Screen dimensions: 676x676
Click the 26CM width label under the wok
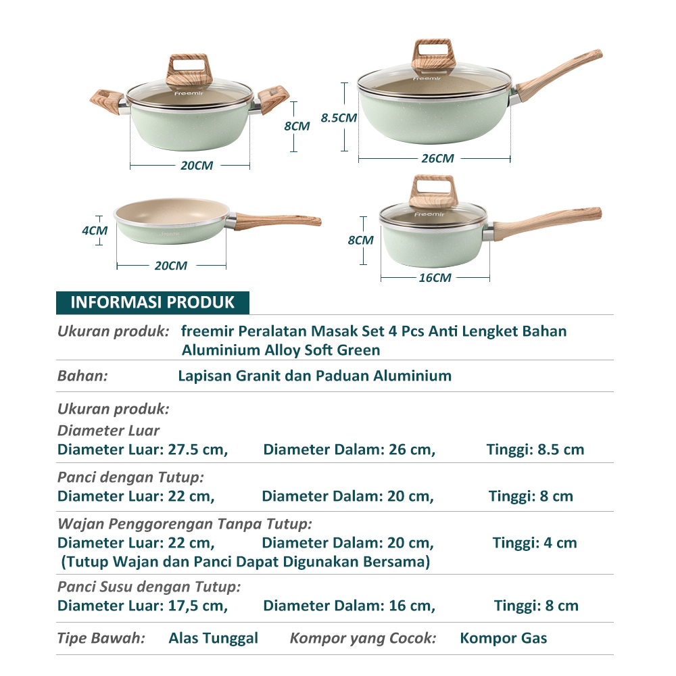[437, 159]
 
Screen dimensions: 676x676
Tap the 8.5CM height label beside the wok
[339, 118]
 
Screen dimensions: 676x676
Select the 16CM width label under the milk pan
[435, 278]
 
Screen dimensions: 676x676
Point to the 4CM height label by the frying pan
[95, 231]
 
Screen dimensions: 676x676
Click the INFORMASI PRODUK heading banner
[153, 303]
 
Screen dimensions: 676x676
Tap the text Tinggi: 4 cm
[535, 543]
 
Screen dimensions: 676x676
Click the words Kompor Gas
[504, 638]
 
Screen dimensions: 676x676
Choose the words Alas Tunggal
[214, 639]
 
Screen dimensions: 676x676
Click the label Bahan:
[82, 376]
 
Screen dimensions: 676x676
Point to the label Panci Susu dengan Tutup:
[149, 587]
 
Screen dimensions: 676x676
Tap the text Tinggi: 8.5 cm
[535, 450]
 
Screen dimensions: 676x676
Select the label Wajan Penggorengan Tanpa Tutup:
[185, 525]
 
